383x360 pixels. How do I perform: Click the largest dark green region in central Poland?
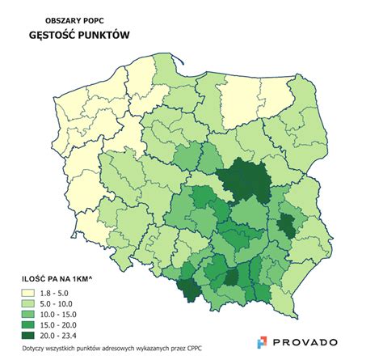246,183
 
